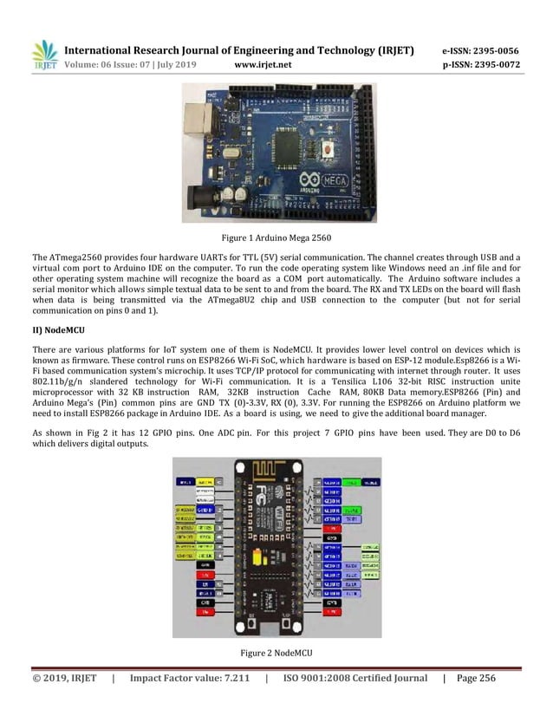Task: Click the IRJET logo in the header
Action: click(x=44, y=55)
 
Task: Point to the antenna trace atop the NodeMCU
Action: click(x=276, y=472)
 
